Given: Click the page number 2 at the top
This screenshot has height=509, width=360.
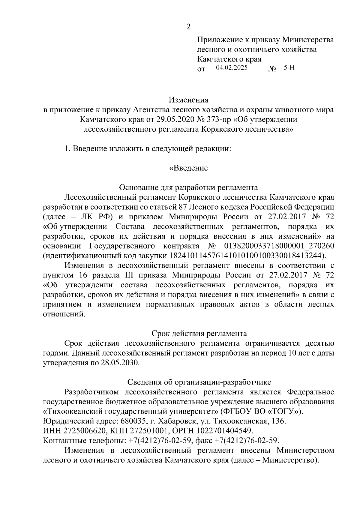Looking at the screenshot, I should [188, 27].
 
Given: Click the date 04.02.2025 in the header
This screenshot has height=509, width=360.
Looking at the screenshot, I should [232, 68].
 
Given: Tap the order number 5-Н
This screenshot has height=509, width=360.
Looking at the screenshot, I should [289, 68].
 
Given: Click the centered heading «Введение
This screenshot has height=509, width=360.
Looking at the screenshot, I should [188, 168].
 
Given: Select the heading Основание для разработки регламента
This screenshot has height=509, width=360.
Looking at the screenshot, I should [188, 187].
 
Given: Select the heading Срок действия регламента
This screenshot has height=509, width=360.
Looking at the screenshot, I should [199, 334].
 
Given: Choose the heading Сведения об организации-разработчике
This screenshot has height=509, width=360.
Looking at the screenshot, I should [199, 382].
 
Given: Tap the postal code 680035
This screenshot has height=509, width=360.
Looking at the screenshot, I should [133, 421].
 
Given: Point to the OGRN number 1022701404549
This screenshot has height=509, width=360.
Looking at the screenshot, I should [224, 431].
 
